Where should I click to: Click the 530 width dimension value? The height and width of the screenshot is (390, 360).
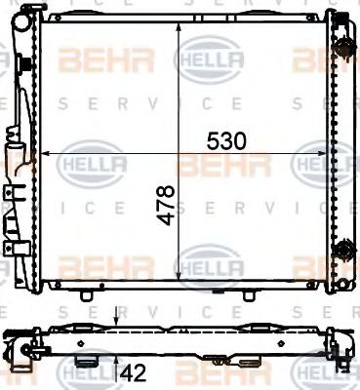click(225, 141)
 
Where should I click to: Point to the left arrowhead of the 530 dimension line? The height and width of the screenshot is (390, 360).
click(40, 153)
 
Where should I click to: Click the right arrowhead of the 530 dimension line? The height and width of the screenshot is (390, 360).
click(328, 153)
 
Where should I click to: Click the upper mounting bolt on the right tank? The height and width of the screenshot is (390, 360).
click(343, 47)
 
